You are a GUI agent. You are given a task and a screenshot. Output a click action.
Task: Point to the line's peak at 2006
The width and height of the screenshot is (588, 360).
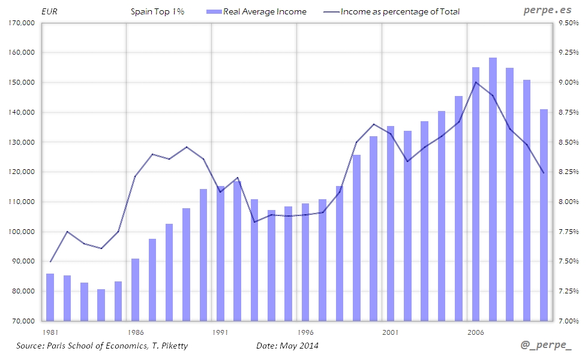point(476,82)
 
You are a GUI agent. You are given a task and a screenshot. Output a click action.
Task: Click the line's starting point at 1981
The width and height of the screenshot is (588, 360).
point(50,262)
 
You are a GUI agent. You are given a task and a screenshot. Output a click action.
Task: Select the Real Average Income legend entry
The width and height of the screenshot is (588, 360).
point(264,11)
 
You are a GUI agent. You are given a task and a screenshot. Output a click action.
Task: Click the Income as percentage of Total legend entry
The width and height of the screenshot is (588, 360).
point(400,11)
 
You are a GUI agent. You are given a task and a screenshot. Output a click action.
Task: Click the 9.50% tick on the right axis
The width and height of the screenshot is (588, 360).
point(567,23)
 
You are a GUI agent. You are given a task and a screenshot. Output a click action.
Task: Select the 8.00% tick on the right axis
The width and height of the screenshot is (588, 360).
point(567,202)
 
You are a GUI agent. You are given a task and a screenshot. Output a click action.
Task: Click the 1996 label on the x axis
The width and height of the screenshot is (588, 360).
point(305,332)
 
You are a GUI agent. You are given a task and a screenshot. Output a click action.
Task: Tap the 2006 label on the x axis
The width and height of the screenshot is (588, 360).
point(476,332)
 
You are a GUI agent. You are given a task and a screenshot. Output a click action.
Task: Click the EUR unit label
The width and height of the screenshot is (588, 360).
point(49,11)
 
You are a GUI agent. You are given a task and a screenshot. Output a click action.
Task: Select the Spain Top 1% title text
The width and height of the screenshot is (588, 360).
point(158,11)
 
